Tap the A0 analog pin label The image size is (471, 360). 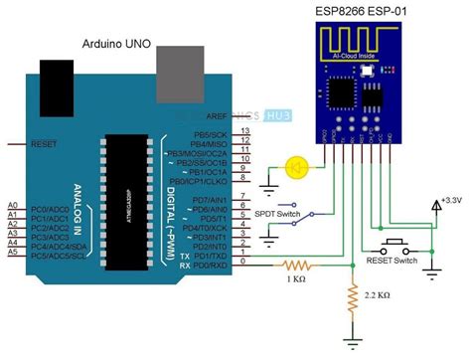(x=12, y=203)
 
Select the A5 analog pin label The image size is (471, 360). (x=12, y=253)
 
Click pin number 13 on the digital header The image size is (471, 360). (x=244, y=130)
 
